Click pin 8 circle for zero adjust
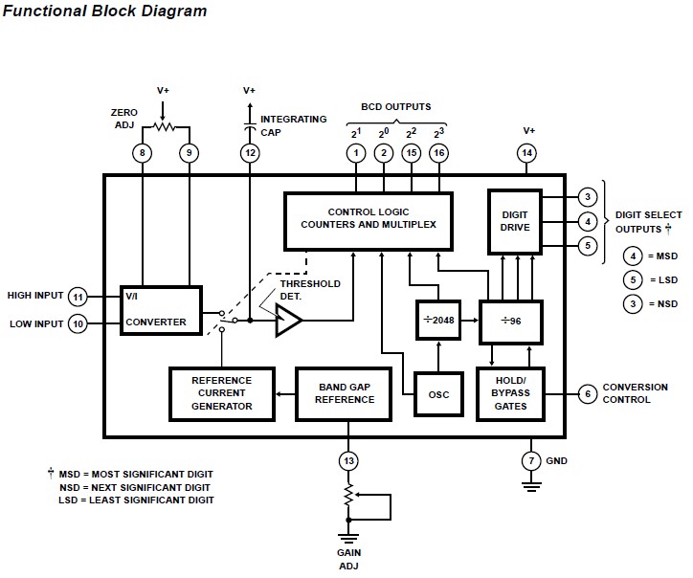[x=143, y=152]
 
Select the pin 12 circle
[x=250, y=152]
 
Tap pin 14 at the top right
[x=526, y=152]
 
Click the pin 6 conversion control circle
[x=588, y=393]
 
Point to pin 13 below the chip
[x=348, y=461]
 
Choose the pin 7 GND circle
[x=531, y=461]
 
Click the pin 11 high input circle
[x=78, y=296]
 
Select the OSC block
[x=439, y=393]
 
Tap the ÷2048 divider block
[x=439, y=322]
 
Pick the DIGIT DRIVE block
[x=515, y=220]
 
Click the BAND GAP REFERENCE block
[x=345, y=392]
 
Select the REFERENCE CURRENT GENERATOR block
[x=222, y=392]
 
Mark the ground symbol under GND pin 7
[x=531, y=486]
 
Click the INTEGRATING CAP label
[x=293, y=125]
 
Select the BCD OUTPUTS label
[x=395, y=107]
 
